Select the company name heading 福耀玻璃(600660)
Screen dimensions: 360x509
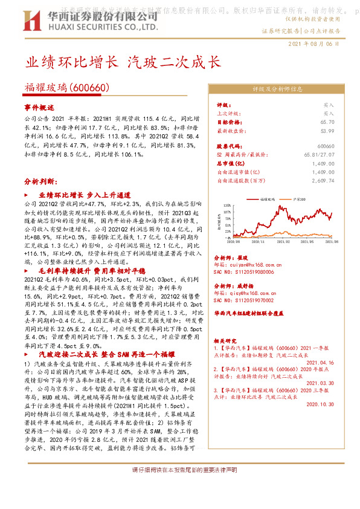(66, 87)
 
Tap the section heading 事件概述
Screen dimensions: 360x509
(39, 106)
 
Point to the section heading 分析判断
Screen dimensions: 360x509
(39, 181)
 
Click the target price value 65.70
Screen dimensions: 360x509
(327, 122)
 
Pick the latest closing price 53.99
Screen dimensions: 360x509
(327, 130)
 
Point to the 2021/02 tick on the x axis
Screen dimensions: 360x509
(281, 240)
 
